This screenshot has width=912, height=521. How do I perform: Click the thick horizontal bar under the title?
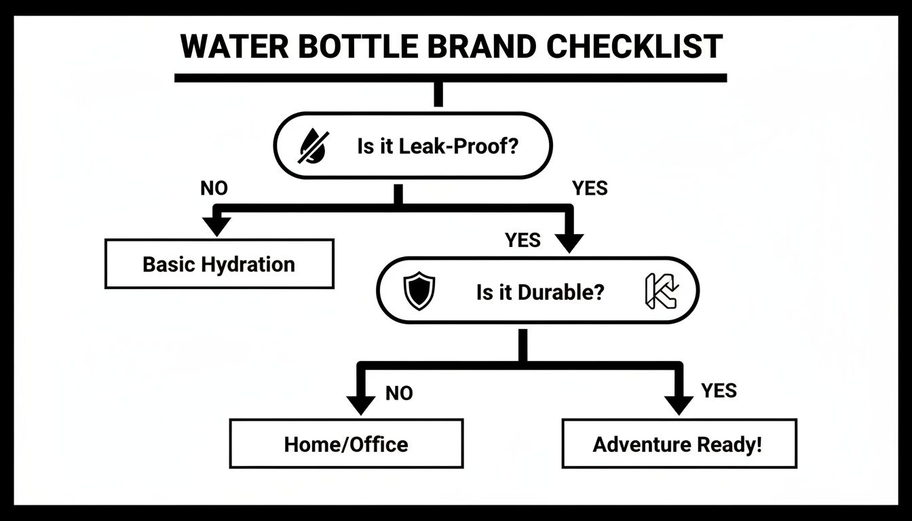[x=451, y=78]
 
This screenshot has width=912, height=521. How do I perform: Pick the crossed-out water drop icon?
[x=312, y=146]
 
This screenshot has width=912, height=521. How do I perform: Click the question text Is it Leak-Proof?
[x=437, y=146]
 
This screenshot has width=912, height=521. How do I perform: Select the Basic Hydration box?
[x=219, y=264]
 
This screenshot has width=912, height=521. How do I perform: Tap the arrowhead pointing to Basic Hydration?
[x=217, y=225]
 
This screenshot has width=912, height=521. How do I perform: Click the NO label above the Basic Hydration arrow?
[x=214, y=189]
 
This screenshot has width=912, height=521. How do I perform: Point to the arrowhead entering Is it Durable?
[x=570, y=240]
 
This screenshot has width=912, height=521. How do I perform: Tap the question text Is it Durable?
[x=539, y=293]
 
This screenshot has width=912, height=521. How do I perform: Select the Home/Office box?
[x=346, y=444]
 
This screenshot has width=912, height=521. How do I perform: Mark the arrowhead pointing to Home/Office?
[x=360, y=404]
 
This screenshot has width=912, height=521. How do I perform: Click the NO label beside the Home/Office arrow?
[x=398, y=393]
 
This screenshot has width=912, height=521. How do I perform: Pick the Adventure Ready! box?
[x=679, y=444]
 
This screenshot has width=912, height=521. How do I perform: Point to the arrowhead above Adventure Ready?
[x=678, y=404]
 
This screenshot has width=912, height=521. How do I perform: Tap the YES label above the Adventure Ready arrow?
[x=719, y=391]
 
